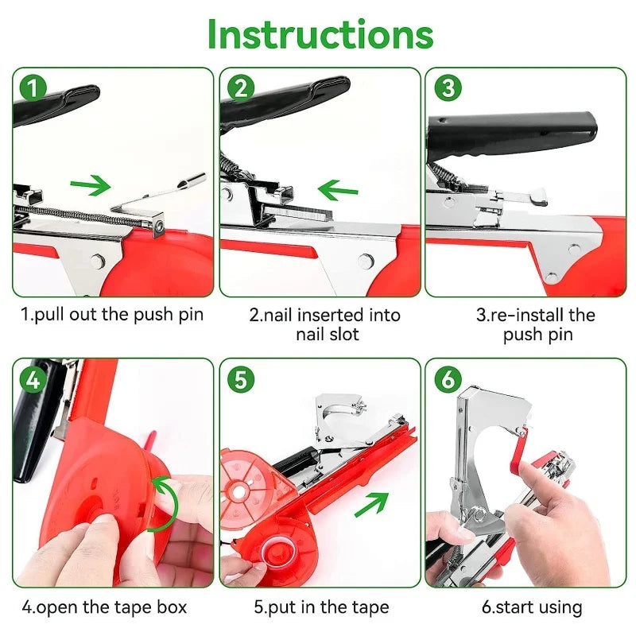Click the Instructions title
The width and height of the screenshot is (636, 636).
[x=320, y=34]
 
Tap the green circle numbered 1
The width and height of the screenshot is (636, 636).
[x=32, y=87]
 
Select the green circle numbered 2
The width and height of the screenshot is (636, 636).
[x=239, y=87]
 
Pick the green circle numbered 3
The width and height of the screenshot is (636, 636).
[x=448, y=87]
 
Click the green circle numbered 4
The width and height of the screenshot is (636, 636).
[x=32, y=380]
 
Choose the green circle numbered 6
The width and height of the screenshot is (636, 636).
[x=448, y=380]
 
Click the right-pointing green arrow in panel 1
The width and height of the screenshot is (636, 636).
[x=89, y=187]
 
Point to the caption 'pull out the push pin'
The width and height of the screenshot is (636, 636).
[x=112, y=314]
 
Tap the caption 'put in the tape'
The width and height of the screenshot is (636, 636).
[x=321, y=607]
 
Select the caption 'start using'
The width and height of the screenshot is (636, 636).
[x=532, y=607]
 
